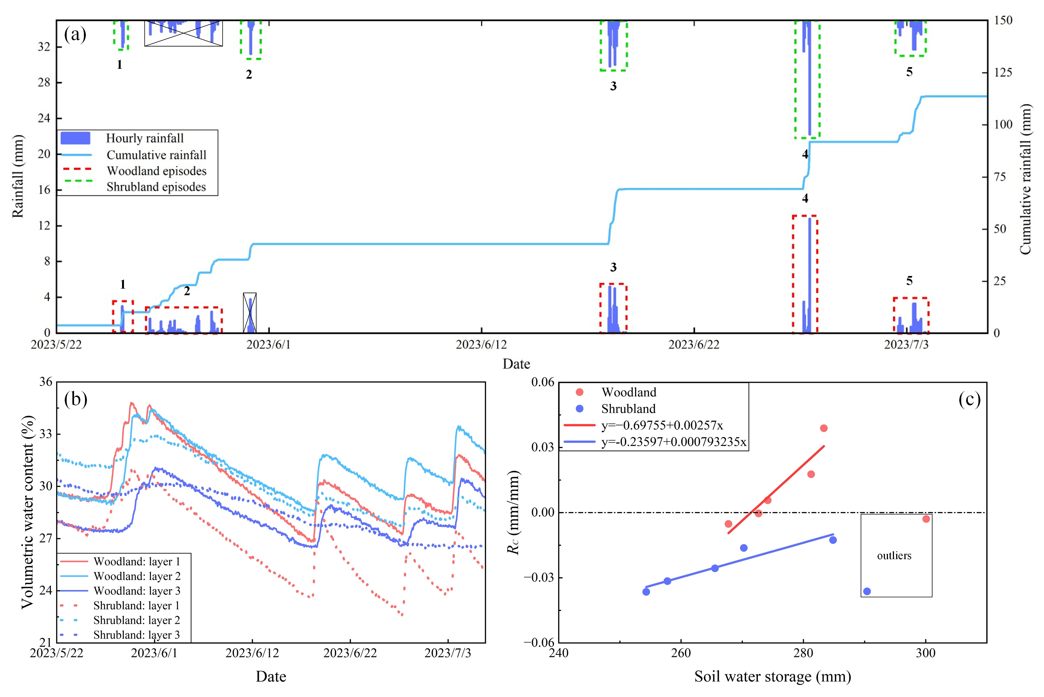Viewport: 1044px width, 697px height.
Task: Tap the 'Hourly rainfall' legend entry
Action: [145, 138]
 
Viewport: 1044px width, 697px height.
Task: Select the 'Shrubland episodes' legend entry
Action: [156, 187]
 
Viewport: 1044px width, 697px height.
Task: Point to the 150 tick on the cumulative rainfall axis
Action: [1003, 21]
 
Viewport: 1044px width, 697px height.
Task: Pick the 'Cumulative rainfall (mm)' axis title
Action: [1025, 179]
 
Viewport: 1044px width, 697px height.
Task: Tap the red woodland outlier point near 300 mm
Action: [926, 519]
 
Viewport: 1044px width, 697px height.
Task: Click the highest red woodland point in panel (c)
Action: [824, 428]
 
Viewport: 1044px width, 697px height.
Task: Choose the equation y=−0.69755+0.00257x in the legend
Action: [662, 425]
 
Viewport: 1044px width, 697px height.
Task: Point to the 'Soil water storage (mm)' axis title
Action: [773, 676]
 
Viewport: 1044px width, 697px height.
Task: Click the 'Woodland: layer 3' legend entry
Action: [137, 591]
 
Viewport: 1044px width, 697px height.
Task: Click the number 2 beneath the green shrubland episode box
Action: [249, 75]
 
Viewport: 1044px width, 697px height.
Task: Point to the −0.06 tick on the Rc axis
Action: [539, 642]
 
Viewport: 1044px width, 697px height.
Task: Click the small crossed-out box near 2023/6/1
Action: [250, 312]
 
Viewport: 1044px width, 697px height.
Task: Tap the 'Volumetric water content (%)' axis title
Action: [28, 512]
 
